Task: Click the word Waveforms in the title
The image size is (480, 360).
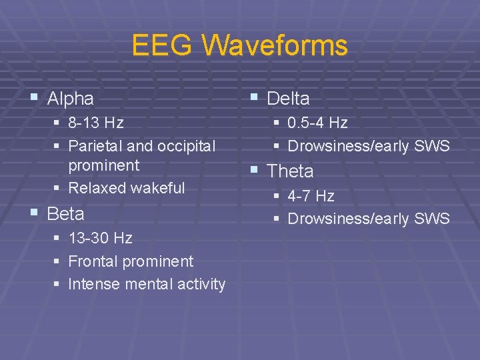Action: [x=275, y=46]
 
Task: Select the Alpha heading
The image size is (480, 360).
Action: [x=71, y=99]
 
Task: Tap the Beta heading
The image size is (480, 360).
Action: [x=66, y=214]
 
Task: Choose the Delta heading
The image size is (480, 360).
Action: [x=288, y=99]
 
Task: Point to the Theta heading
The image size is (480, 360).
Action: [x=290, y=171]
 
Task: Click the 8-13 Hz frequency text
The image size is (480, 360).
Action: [x=96, y=123]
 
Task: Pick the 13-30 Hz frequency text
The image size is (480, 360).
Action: [x=101, y=239]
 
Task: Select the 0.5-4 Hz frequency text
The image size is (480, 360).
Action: [x=317, y=123]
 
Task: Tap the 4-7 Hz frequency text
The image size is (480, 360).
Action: [x=311, y=196]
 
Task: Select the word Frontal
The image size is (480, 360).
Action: [x=93, y=261]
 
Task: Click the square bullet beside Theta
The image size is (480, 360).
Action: [x=254, y=170]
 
